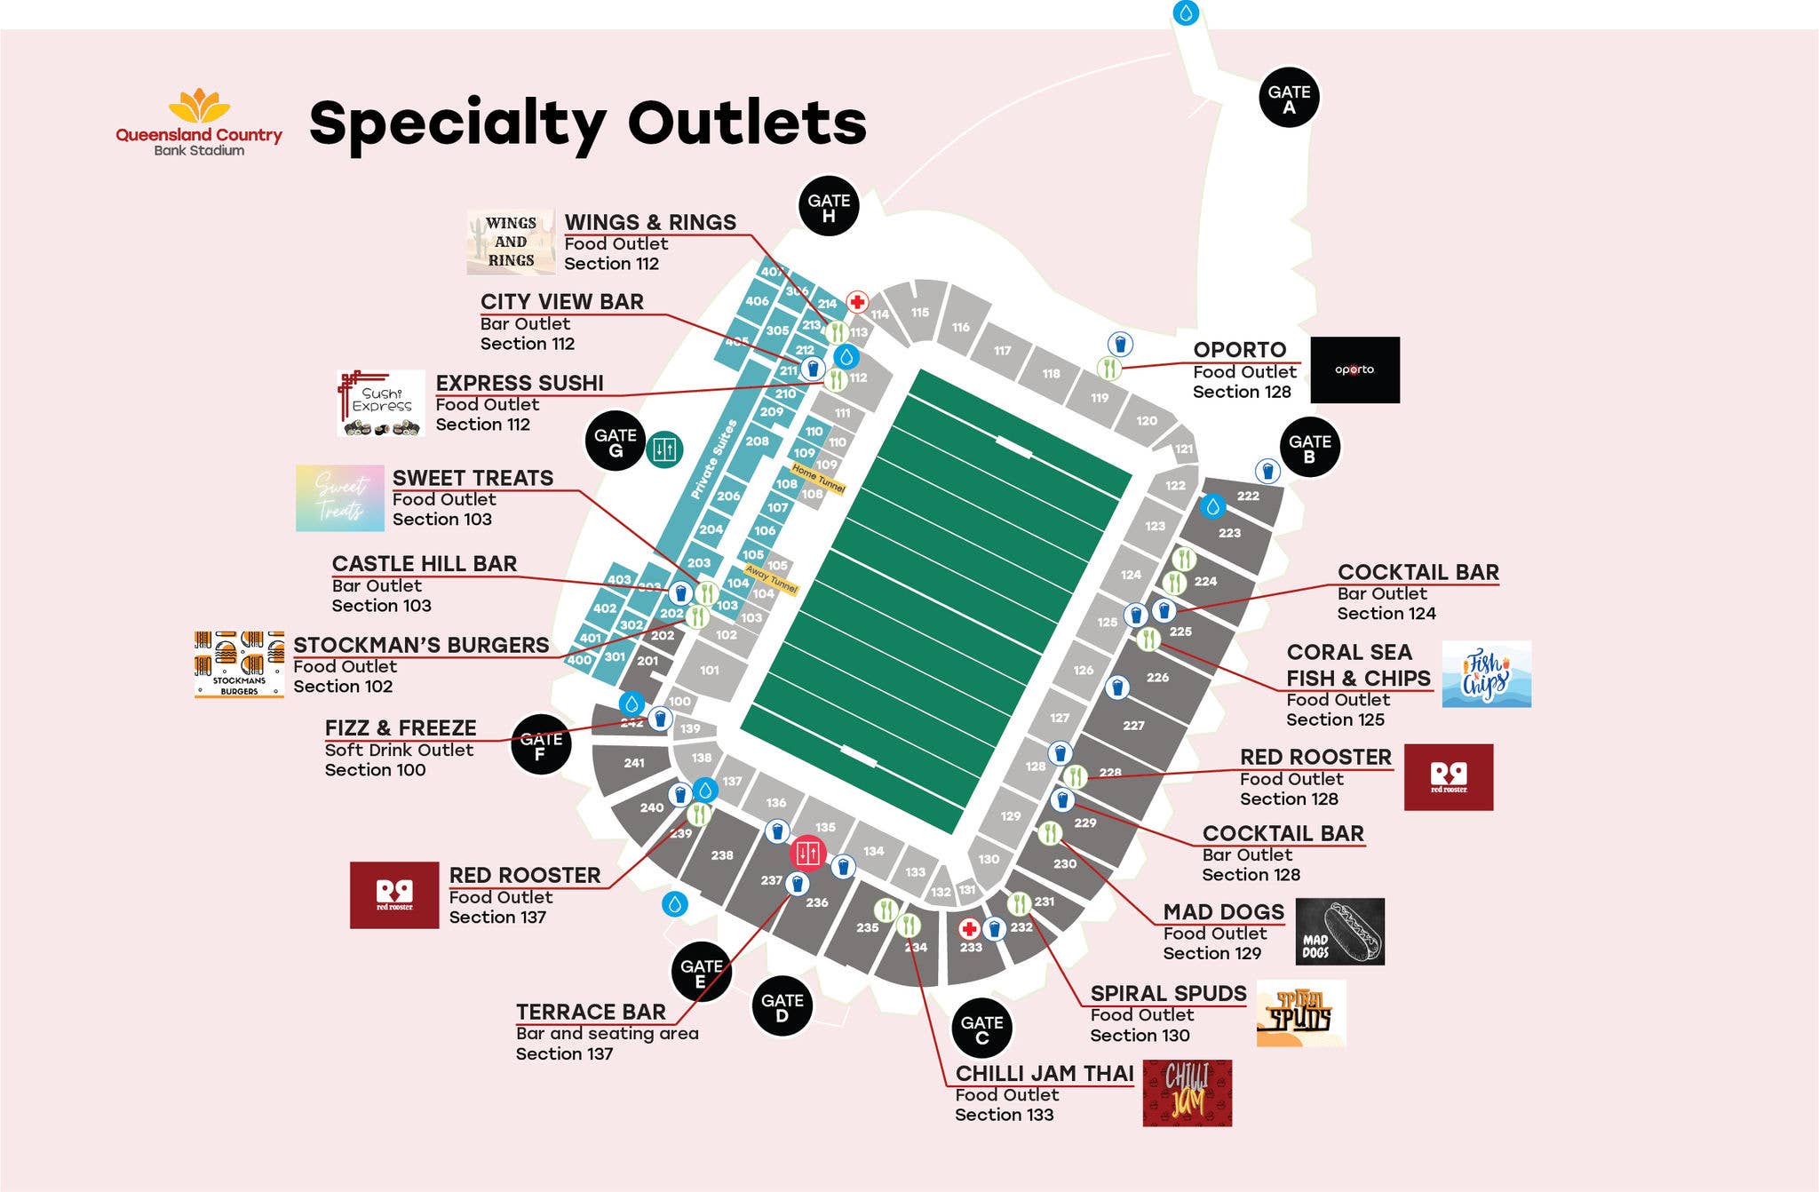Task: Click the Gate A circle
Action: pos(1289,98)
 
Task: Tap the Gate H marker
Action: pos(829,206)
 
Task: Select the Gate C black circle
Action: pos(981,1029)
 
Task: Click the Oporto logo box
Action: pos(1354,370)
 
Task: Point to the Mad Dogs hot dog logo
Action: pos(1339,931)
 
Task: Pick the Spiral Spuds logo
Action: pos(1300,1013)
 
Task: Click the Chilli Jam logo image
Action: pos(1187,1093)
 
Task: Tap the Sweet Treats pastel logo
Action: pos(340,498)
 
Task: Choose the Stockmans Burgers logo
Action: pos(239,664)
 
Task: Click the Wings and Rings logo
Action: pos(511,242)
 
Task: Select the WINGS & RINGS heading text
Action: pos(650,222)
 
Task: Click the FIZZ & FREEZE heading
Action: pos(401,728)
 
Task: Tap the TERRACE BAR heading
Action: pos(591,1012)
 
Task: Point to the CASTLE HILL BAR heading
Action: pos(424,564)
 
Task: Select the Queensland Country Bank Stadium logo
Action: pos(199,123)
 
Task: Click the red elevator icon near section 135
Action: pos(808,854)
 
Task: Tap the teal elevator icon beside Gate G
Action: pos(664,449)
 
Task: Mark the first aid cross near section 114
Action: pos(857,302)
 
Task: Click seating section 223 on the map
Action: pos(1229,533)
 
